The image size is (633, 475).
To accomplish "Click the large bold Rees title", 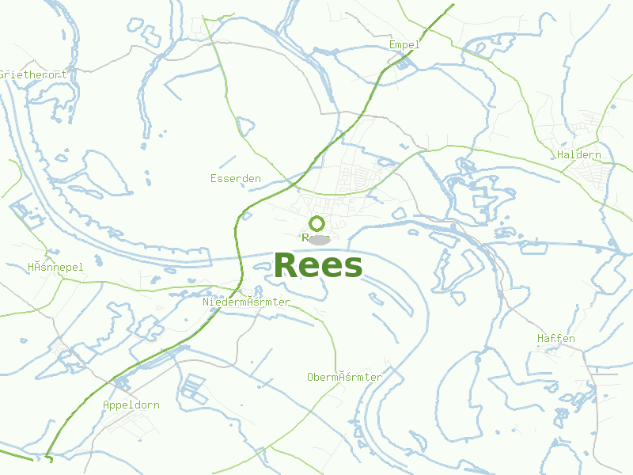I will pyautogui.click(x=318, y=266).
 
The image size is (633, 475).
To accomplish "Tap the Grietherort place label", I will pyautogui.click(x=33, y=74).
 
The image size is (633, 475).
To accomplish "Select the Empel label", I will pyautogui.click(x=404, y=45).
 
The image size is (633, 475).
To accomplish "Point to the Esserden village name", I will pyautogui.click(x=236, y=179).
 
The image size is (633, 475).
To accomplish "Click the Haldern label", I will pyautogui.click(x=579, y=154).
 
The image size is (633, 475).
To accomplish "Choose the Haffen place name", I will pyautogui.click(x=556, y=339).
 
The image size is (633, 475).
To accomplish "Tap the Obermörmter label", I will pyautogui.click(x=344, y=378).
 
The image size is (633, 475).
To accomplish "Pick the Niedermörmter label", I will pyautogui.click(x=246, y=302).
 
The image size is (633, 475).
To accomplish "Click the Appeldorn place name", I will pyautogui.click(x=131, y=405).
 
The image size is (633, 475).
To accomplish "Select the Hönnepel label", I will pyautogui.click(x=55, y=268).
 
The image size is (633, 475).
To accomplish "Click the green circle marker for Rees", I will pyautogui.click(x=316, y=224).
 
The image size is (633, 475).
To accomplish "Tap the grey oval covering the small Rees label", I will pyautogui.click(x=319, y=238).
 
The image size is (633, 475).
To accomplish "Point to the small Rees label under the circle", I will pyautogui.click(x=315, y=237).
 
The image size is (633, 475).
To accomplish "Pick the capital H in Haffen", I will pyautogui.click(x=540, y=339).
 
